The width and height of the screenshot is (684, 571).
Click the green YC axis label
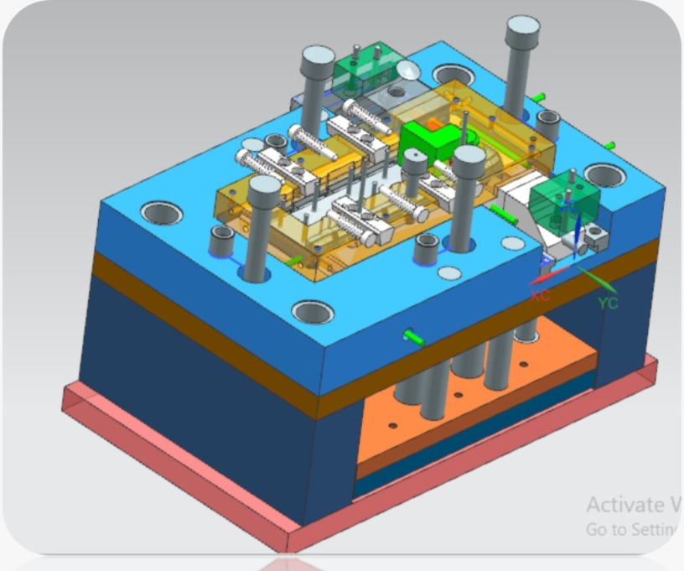tap(608, 303)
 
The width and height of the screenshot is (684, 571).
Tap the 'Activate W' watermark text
tap(633, 505)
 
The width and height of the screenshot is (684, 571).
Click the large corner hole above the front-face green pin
tap(313, 312)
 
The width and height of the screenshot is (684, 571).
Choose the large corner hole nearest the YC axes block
tap(604, 175)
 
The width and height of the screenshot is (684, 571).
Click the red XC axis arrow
tap(547, 277)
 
